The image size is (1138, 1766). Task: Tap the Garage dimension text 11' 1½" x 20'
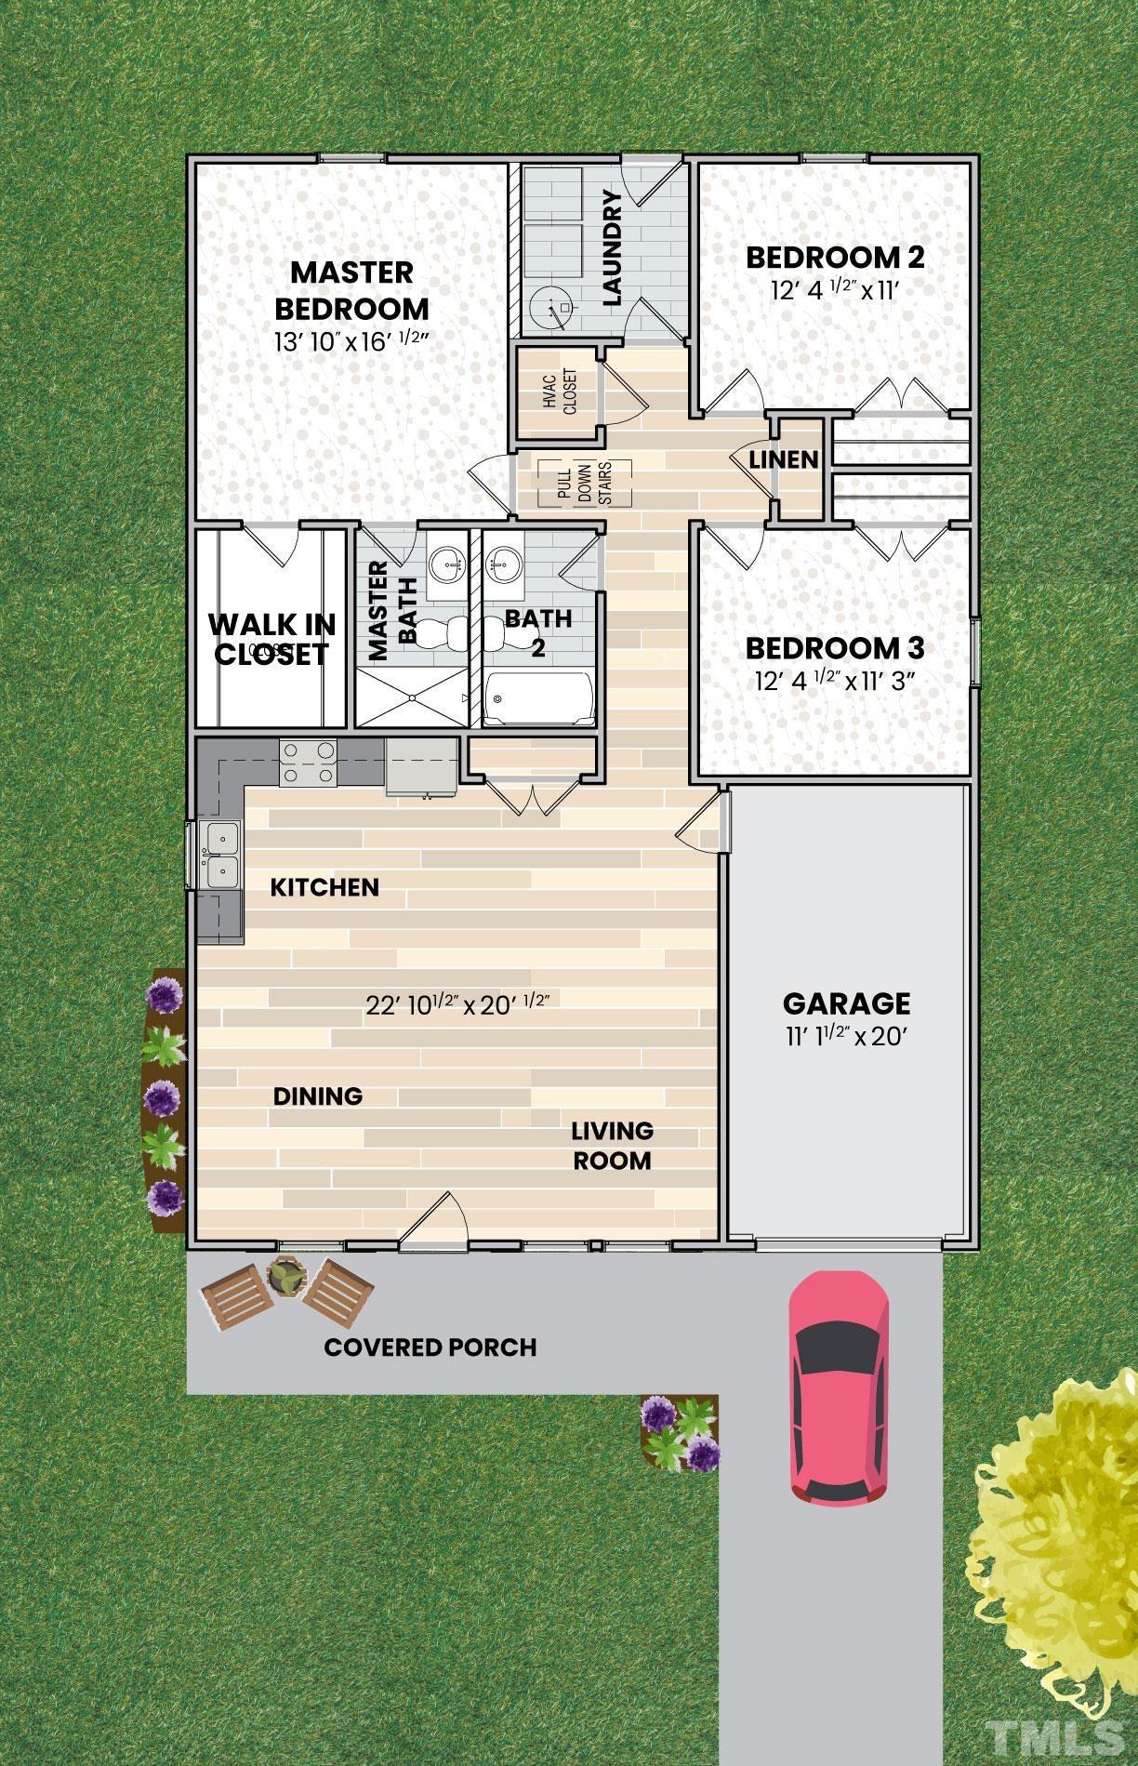[x=845, y=1036]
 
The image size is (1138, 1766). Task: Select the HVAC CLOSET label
[x=559, y=392]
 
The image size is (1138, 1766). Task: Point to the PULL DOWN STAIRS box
[x=584, y=482]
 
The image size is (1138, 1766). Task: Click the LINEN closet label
[x=784, y=459]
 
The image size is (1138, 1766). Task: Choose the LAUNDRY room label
[x=611, y=248]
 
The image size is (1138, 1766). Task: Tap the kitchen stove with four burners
[x=309, y=761]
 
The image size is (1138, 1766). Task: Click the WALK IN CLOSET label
[x=271, y=639]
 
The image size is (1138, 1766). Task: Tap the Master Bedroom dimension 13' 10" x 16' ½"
[x=351, y=340]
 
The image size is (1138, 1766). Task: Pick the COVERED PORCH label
[x=430, y=1347]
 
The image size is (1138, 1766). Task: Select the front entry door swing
[x=435, y=1219]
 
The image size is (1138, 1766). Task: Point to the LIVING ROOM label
[x=611, y=1146]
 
